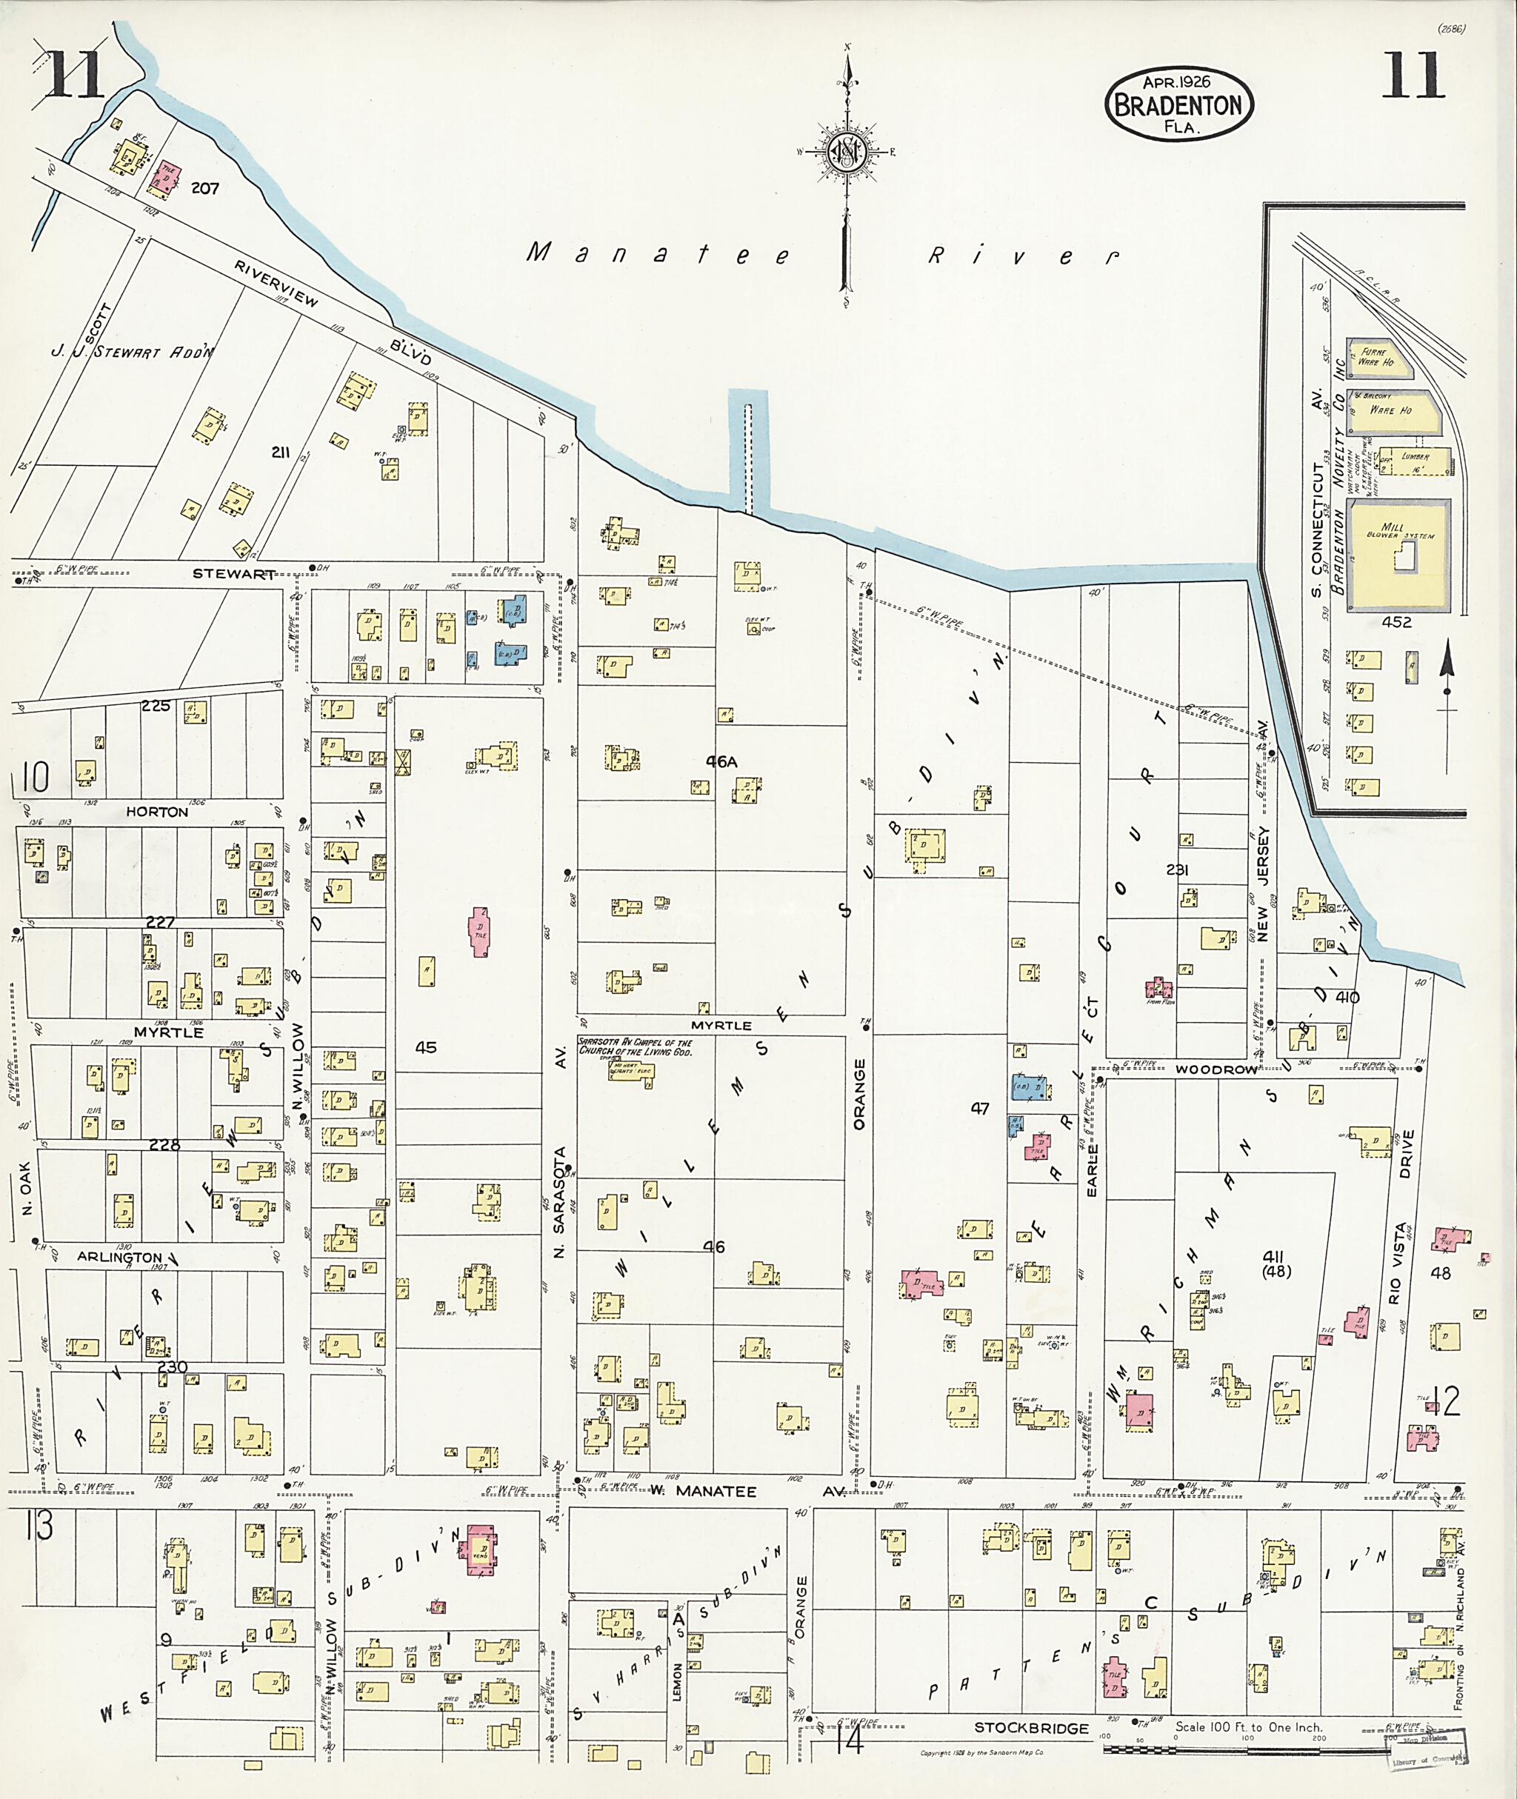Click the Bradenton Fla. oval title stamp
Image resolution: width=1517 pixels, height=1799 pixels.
pos(1178,104)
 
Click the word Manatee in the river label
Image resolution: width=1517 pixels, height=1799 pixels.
pos(658,254)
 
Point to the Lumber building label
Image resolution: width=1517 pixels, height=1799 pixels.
pos(1415,457)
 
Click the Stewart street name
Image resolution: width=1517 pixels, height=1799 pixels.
pos(234,573)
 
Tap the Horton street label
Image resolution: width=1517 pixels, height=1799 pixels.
pos(156,811)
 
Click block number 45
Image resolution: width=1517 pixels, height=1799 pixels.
pos(426,1047)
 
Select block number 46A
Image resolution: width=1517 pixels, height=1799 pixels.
pos(721,761)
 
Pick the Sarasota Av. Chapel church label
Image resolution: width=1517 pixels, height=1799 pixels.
pos(635,1047)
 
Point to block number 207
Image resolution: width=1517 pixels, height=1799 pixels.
pos(204,187)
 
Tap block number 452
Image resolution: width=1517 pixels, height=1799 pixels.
pos(1396,621)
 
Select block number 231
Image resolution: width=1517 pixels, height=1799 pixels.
pos(1177,870)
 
